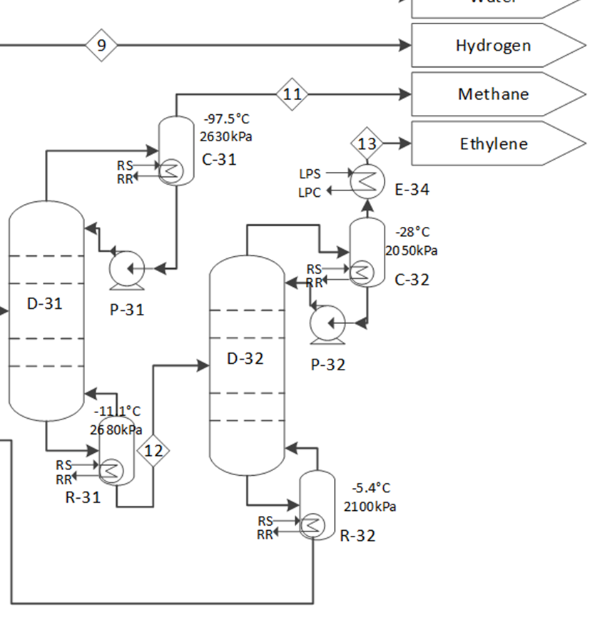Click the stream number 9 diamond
click(x=101, y=46)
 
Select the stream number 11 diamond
click(x=292, y=94)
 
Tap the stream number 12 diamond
click(x=153, y=451)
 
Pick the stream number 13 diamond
click(x=367, y=143)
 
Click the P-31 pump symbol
click(x=127, y=270)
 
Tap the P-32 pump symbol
click(x=328, y=324)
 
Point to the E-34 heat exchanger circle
click(x=367, y=182)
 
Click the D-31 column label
click(x=45, y=304)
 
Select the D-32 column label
click(x=245, y=359)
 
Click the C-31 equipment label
click(x=219, y=160)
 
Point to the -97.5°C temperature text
click(x=227, y=119)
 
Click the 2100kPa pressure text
click(x=370, y=507)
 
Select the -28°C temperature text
click(x=412, y=233)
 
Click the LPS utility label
click(x=310, y=173)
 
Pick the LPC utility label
click(x=310, y=192)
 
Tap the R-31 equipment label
click(x=83, y=498)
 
